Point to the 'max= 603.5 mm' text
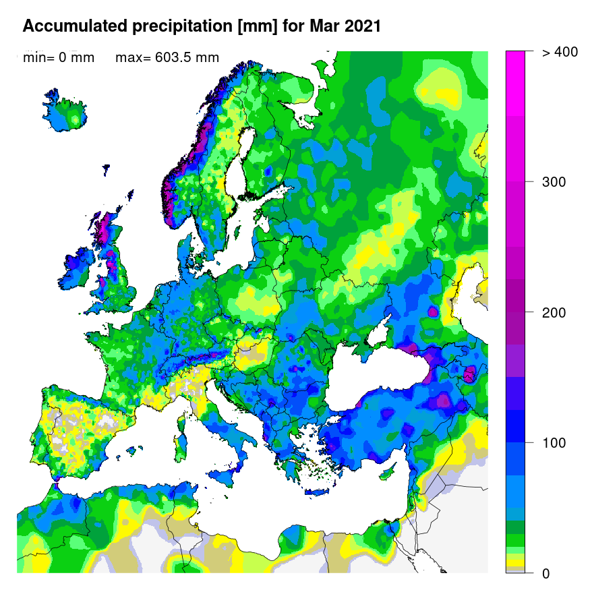coord(167,58)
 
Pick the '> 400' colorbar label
coord(559,52)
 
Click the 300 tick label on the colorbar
coord(554,182)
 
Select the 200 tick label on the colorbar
coord(554,312)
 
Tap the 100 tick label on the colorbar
coord(554,443)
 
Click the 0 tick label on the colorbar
coord(546,573)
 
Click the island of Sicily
coord(229,473)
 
